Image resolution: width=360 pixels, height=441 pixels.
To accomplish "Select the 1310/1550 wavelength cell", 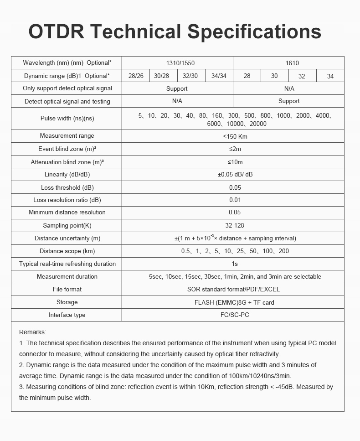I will [x=177, y=63].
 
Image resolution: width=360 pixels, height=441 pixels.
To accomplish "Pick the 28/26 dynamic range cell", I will [x=136, y=76].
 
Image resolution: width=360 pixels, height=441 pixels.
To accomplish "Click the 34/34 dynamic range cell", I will [x=219, y=76].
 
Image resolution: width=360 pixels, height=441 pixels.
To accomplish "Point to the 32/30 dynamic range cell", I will [x=190, y=76].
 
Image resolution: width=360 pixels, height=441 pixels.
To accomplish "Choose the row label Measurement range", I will [x=67, y=136].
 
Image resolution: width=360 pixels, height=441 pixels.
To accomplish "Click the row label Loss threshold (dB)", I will [x=67, y=187].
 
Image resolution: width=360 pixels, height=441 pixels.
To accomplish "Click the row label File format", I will [x=67, y=289].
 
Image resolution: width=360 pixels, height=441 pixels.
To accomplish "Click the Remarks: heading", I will [x=33, y=332].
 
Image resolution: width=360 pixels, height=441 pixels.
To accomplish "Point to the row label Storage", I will [x=67, y=302].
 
